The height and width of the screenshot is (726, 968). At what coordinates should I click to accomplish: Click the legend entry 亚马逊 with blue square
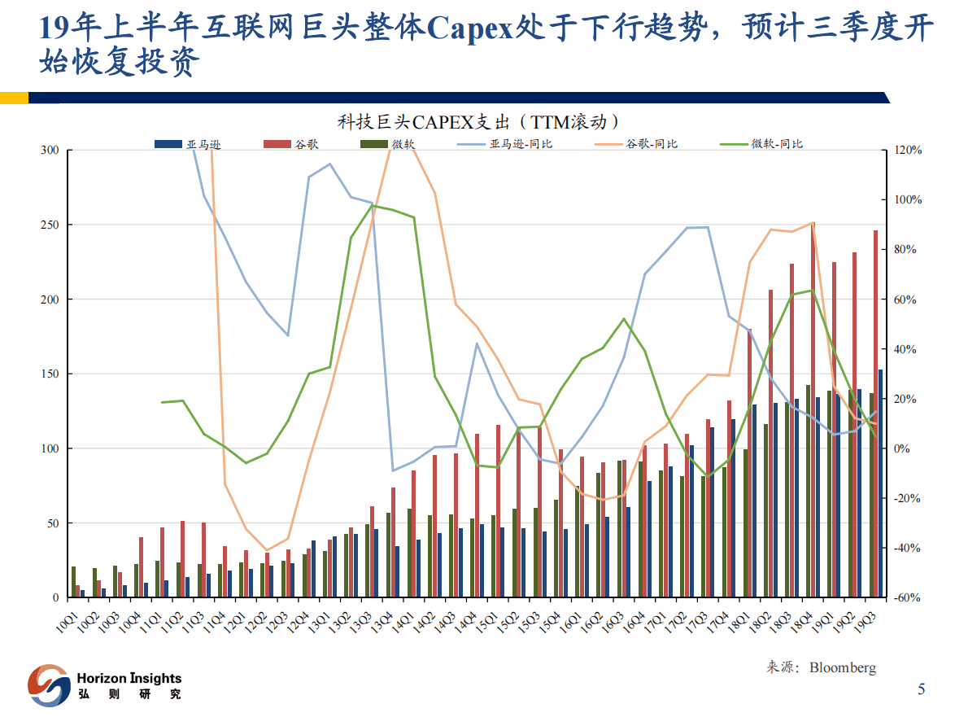click(x=188, y=144)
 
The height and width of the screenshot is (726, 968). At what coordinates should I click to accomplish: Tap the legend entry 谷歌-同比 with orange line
click(x=635, y=144)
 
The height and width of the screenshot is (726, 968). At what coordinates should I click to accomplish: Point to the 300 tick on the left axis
click(x=50, y=151)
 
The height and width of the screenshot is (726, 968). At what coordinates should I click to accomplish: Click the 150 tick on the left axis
click(x=50, y=374)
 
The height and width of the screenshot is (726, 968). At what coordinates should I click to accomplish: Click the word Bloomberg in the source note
click(x=843, y=668)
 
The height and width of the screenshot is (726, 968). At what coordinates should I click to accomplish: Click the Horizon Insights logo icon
click(x=48, y=685)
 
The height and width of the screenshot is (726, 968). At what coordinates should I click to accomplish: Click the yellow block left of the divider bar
click(x=14, y=98)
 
